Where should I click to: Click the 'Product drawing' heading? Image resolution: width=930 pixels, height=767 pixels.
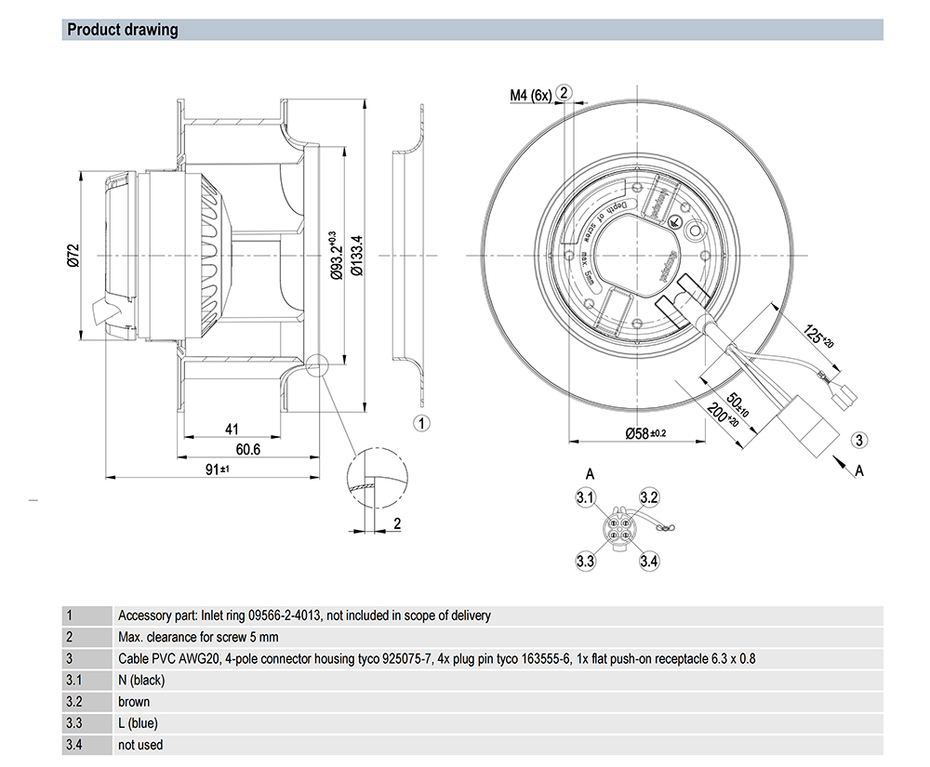(x=122, y=30)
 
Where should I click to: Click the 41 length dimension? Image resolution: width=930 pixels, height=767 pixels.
(x=232, y=430)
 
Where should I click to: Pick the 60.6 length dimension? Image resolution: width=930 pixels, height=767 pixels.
(x=247, y=450)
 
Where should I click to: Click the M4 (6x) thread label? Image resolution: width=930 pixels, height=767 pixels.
(x=530, y=95)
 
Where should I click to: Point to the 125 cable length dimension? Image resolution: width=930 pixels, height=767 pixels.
(x=819, y=336)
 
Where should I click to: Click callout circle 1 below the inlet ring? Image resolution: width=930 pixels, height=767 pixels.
(x=421, y=424)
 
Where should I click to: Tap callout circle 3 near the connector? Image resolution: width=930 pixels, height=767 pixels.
(x=859, y=440)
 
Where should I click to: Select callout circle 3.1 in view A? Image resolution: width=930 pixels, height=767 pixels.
(x=585, y=499)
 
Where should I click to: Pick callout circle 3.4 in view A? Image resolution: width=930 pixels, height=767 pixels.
(x=649, y=561)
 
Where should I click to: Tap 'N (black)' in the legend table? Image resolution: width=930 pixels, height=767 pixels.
(x=141, y=680)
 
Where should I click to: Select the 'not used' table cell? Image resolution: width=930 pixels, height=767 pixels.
(x=140, y=745)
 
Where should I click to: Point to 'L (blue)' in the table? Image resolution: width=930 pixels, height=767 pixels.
(x=138, y=723)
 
